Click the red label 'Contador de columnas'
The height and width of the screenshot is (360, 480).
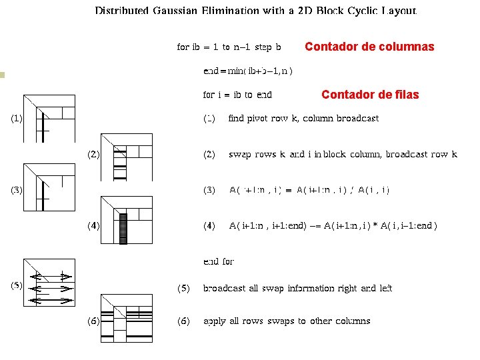[x=369, y=47]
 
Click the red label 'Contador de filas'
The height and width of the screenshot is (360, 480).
[x=370, y=95]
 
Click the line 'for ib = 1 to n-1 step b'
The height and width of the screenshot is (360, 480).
[x=229, y=47]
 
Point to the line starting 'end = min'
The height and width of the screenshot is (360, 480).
[x=249, y=71]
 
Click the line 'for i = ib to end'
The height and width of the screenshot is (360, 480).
[x=237, y=95]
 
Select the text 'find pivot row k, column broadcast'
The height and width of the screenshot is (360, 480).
[x=303, y=119]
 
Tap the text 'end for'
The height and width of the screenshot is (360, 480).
[x=219, y=262]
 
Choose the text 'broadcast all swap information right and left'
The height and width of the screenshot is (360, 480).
[x=297, y=289]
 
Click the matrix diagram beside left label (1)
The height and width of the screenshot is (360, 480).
[x=49, y=117]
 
